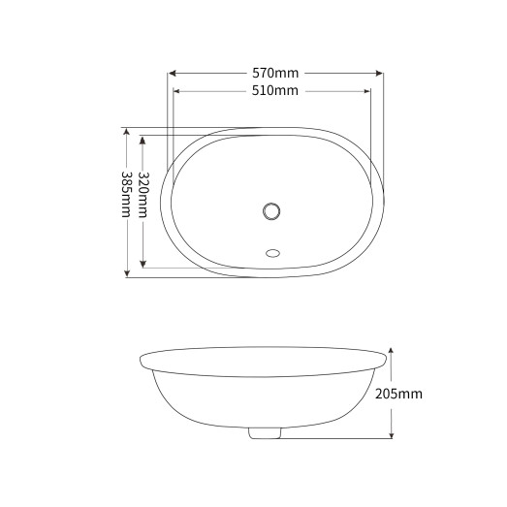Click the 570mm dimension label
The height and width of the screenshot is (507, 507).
[275, 73]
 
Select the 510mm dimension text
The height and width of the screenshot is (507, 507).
[275, 91]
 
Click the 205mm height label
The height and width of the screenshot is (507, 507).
[398, 394]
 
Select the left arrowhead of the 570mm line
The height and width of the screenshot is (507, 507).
[173, 73]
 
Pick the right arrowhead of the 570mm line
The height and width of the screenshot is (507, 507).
[379, 73]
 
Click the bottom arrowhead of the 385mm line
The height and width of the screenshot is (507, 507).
[126, 274]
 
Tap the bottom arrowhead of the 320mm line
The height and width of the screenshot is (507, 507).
[143, 264]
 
